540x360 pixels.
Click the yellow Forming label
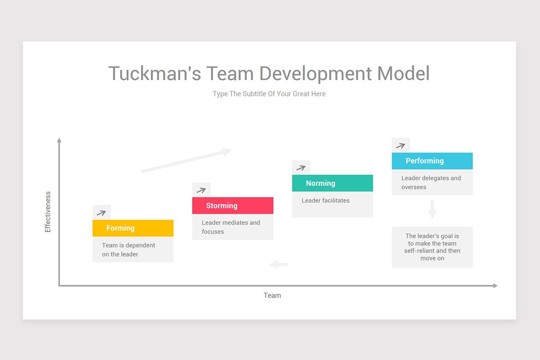pos(133,228)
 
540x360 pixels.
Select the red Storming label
pos(232,206)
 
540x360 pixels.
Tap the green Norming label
pos(332,183)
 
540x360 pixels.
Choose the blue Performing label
pos(432,161)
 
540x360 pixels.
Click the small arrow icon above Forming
pos(101,212)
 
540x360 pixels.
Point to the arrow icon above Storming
pos(201,190)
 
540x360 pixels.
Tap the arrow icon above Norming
pos(301,168)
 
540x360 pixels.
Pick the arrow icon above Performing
pos(400,145)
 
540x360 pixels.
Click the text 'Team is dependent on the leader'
pos(128,250)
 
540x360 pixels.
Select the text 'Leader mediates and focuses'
pos(231,227)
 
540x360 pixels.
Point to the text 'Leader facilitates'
pos(325,200)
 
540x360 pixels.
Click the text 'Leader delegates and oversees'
pos(431,182)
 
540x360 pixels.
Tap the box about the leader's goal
pos(432,247)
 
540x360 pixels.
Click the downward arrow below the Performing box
pos(432,209)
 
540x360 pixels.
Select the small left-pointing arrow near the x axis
pos(279,265)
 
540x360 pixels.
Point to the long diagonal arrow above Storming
pos(186,160)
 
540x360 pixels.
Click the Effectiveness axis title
pos(48,212)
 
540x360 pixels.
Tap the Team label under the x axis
pos(272,295)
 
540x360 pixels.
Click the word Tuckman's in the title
pos(154,73)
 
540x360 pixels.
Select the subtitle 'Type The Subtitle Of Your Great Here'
pos(269,94)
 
